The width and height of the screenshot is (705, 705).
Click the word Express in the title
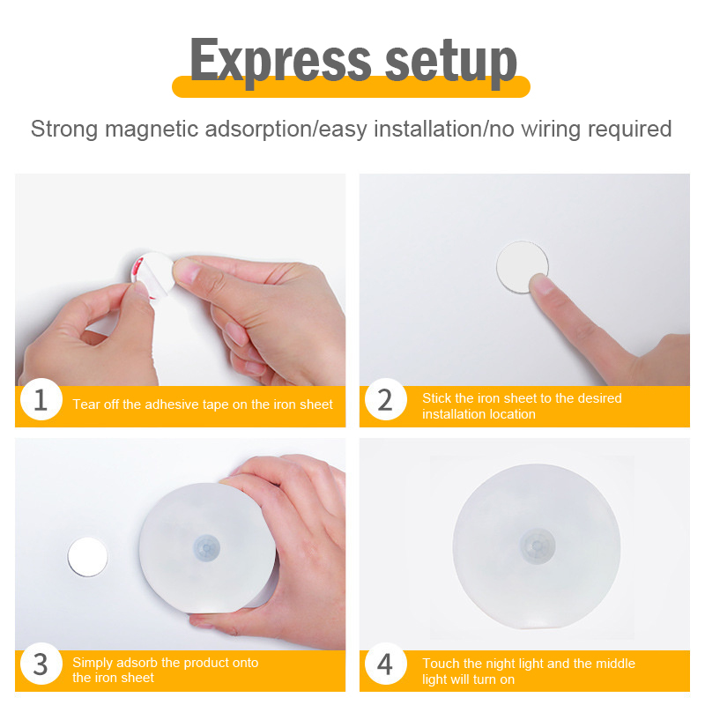(x=280, y=61)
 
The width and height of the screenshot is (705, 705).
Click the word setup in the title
(x=450, y=62)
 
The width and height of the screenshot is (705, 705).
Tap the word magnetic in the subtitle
(x=152, y=130)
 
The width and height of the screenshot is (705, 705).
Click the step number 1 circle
(x=41, y=399)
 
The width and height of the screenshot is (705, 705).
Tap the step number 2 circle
(x=386, y=399)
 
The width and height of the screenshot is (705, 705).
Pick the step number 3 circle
(x=41, y=664)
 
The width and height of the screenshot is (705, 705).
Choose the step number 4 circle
(x=386, y=664)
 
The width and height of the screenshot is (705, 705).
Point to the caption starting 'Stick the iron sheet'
(x=522, y=406)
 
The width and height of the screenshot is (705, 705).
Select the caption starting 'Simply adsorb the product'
(x=165, y=670)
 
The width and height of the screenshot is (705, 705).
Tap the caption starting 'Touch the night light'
(x=528, y=672)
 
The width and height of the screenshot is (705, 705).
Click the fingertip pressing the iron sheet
(x=541, y=285)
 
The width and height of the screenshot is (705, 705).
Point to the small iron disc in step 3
(x=87, y=557)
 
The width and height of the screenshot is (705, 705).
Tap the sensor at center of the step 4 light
(x=538, y=546)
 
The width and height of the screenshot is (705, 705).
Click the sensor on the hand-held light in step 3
(x=207, y=548)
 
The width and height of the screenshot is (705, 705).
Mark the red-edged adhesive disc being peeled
(x=152, y=275)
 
